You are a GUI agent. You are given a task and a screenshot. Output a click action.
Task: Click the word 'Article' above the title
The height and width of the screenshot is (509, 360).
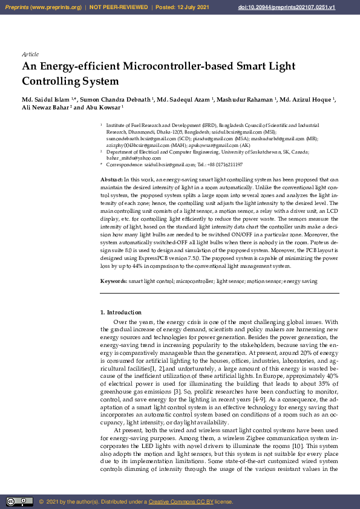pos(30,54)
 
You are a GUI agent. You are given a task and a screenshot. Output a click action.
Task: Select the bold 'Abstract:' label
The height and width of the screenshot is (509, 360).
pos(111,180)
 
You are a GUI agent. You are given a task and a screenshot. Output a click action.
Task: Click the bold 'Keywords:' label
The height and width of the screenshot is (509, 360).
pos(113,281)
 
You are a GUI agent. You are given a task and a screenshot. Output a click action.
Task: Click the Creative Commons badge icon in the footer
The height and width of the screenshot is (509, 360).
pos(19,502)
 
